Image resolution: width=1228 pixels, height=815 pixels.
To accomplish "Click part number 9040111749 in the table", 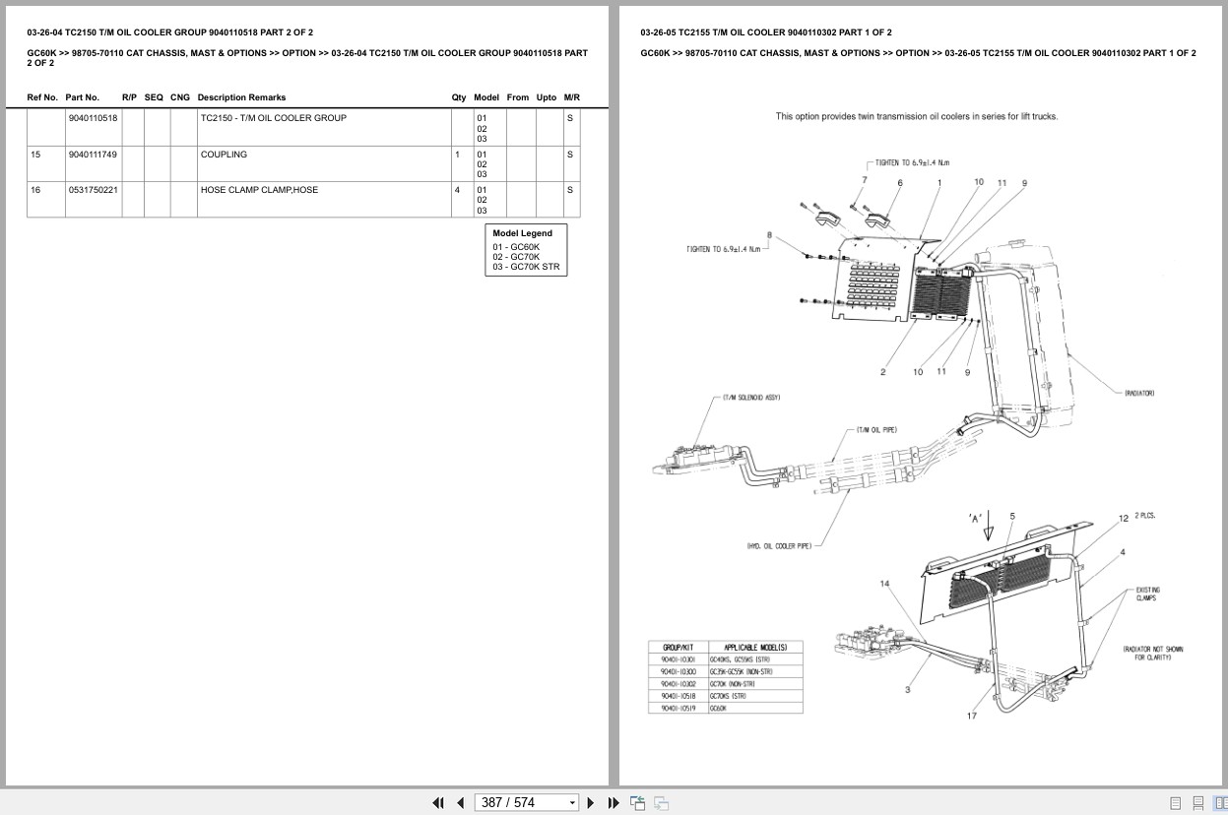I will click(x=93, y=155).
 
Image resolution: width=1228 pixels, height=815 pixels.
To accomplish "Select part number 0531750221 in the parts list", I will click(x=93, y=190).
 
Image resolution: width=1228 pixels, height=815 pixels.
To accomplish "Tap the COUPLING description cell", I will click(x=224, y=155).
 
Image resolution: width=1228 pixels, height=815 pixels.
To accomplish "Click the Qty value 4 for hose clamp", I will click(x=457, y=190).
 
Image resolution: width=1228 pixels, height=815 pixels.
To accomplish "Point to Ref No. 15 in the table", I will click(x=35, y=155).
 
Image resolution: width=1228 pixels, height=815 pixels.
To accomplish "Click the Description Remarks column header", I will click(x=241, y=97).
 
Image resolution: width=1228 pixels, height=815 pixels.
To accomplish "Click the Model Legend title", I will click(x=522, y=233).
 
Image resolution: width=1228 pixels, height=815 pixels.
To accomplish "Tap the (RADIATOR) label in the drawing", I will click(x=1139, y=394).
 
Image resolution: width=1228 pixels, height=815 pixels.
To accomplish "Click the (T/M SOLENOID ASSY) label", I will click(x=750, y=398).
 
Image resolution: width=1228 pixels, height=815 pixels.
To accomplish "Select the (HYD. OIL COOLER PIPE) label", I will click(x=779, y=545).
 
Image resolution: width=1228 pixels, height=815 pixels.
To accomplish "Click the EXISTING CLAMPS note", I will click(x=1145, y=595).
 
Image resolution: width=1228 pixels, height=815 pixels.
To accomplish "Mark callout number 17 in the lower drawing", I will click(x=971, y=716).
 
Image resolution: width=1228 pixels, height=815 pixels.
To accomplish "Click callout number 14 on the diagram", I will click(x=884, y=584).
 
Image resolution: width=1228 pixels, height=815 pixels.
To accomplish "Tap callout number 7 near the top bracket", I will click(x=864, y=179).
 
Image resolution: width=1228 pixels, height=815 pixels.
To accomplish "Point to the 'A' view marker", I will click(x=976, y=517).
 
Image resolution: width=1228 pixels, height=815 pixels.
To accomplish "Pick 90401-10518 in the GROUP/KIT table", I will click(x=679, y=696).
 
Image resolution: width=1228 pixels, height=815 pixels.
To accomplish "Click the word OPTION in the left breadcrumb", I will click(x=298, y=53).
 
